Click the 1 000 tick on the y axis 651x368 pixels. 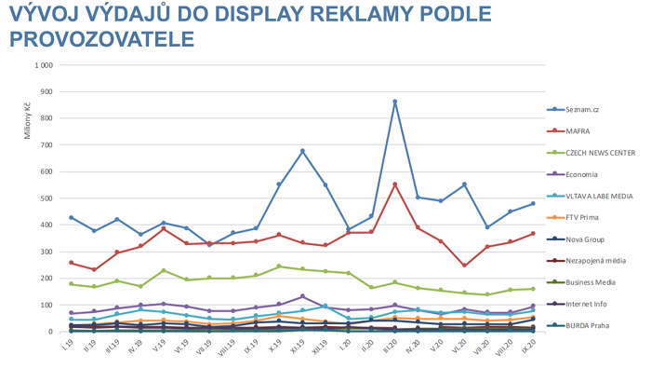point(42,66)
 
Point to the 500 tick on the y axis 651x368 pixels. point(45,198)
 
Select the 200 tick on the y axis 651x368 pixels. point(45,279)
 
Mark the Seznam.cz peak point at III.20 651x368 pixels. point(395,102)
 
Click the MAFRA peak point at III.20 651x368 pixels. point(395,184)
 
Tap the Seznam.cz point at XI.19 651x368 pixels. point(302,151)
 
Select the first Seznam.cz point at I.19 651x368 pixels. point(71,217)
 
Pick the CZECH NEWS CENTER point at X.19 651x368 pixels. point(279,266)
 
